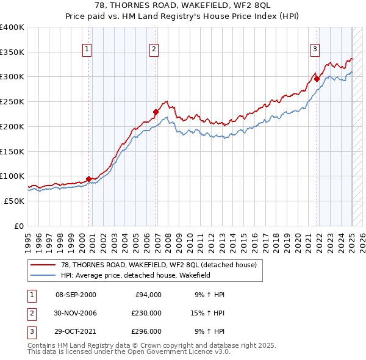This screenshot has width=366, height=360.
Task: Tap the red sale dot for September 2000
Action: tap(89, 179)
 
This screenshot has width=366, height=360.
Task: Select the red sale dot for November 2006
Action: tap(156, 112)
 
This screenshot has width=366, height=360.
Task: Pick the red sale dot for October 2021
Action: tap(317, 79)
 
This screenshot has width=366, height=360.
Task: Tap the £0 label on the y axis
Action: tap(20, 226)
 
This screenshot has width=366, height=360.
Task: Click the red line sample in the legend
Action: tap(43, 265)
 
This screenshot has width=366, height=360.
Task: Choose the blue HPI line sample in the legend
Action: tap(43, 275)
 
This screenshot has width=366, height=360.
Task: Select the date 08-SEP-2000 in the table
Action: tap(76, 295)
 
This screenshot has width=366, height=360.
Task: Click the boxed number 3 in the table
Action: tap(30, 331)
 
